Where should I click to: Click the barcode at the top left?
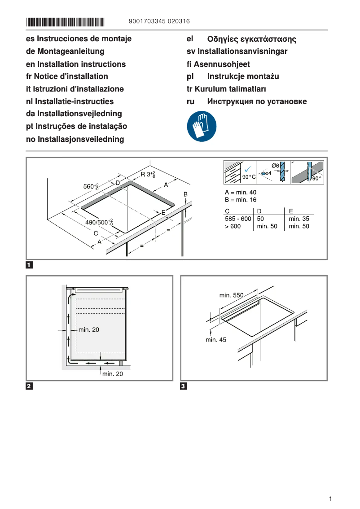(x=65, y=22)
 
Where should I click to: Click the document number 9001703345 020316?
(x=159, y=21)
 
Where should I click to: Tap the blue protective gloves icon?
(x=202, y=127)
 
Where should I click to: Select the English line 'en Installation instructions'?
(x=76, y=64)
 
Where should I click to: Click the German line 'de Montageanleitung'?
(x=65, y=52)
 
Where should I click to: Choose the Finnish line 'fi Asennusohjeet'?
(x=218, y=64)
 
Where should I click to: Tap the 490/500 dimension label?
(x=99, y=222)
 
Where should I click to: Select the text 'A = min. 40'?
(x=241, y=192)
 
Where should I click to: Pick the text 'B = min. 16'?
(x=241, y=200)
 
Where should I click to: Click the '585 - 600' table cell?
(x=238, y=219)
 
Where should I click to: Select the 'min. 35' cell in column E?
(x=299, y=219)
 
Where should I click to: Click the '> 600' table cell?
(x=233, y=226)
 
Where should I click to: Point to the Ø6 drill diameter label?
(x=276, y=166)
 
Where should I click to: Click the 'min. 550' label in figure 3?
(x=231, y=295)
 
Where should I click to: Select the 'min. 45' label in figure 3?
(x=216, y=340)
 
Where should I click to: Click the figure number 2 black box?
(x=29, y=386)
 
